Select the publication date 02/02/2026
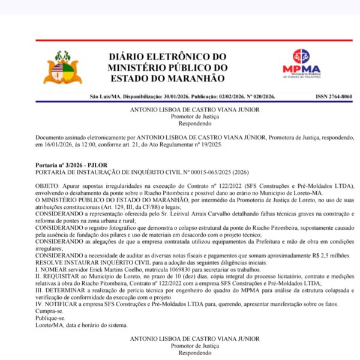coord(220,97)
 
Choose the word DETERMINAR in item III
coord(65,290)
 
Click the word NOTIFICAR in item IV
coord(61,305)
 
